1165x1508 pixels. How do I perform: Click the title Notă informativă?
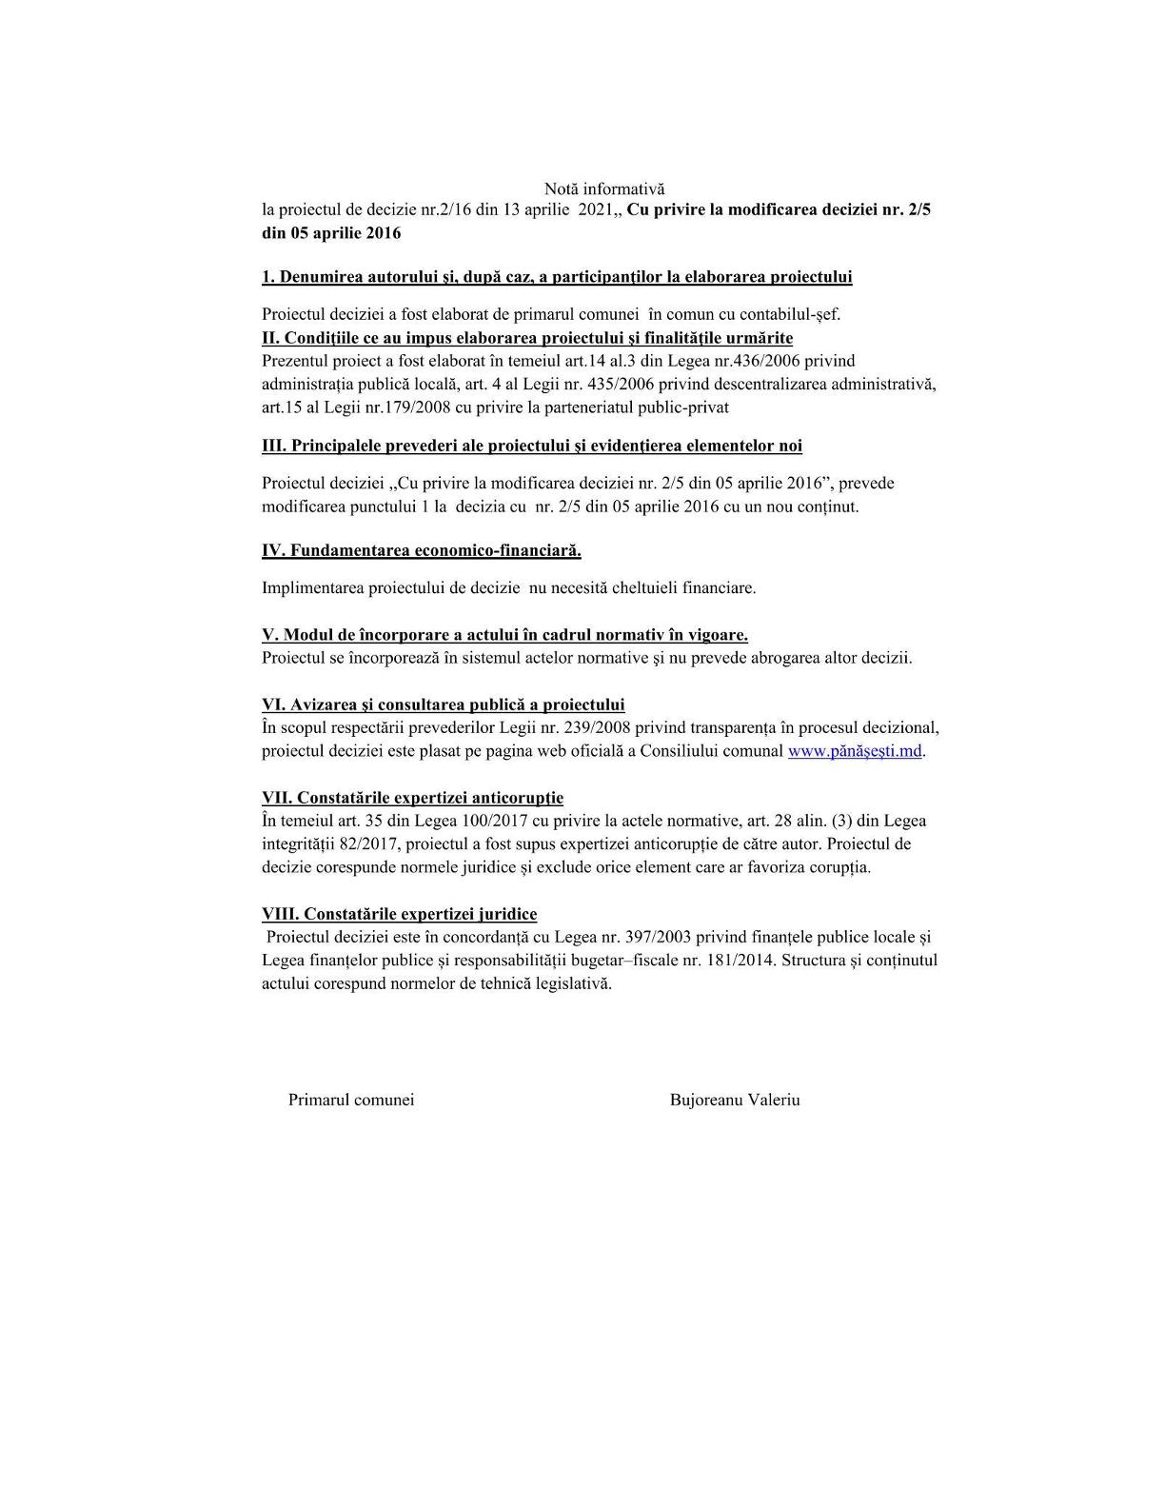[x=604, y=189]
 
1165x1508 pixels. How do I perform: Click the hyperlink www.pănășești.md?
[x=855, y=751]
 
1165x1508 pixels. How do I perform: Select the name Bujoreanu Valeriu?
[x=735, y=1100]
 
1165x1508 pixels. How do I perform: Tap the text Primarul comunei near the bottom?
[x=351, y=1100]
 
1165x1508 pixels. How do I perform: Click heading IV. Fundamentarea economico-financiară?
[x=422, y=550]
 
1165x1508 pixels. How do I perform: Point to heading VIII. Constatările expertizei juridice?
[x=399, y=914]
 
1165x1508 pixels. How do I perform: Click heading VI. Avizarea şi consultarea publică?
[x=444, y=704]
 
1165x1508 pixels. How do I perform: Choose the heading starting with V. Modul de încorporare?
[x=504, y=635]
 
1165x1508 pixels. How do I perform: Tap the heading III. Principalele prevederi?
[x=532, y=446]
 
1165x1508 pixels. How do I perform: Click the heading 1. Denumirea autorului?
[x=557, y=277]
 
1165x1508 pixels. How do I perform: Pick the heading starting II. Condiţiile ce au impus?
[x=527, y=338]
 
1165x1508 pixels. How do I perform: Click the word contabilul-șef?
[x=790, y=314]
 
